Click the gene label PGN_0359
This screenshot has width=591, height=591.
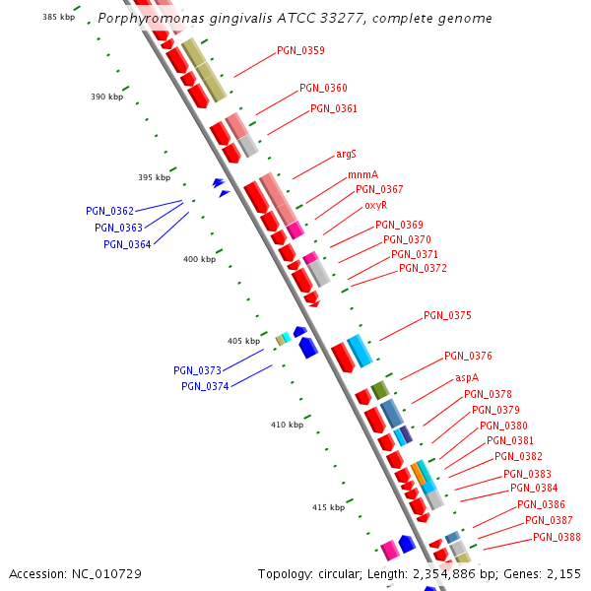coord(300,50)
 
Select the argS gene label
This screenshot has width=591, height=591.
coord(346,155)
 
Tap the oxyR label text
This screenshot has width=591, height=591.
coord(375,206)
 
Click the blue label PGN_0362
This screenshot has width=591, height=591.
coord(109,211)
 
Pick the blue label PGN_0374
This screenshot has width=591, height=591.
coord(205,386)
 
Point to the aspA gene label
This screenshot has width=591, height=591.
coord(467,378)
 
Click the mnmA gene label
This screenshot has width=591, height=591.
coord(362,175)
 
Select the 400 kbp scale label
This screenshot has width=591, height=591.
coord(199,260)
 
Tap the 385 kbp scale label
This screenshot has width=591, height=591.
coord(58,17)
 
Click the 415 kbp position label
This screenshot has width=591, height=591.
coord(328,507)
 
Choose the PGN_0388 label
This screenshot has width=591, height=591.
coord(557,537)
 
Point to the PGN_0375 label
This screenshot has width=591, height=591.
coord(447,316)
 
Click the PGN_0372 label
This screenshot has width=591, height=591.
coord(423,268)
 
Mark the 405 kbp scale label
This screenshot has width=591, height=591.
coord(243,341)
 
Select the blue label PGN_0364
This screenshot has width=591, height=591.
coord(127,244)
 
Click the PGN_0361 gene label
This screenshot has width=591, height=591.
coord(334,108)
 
